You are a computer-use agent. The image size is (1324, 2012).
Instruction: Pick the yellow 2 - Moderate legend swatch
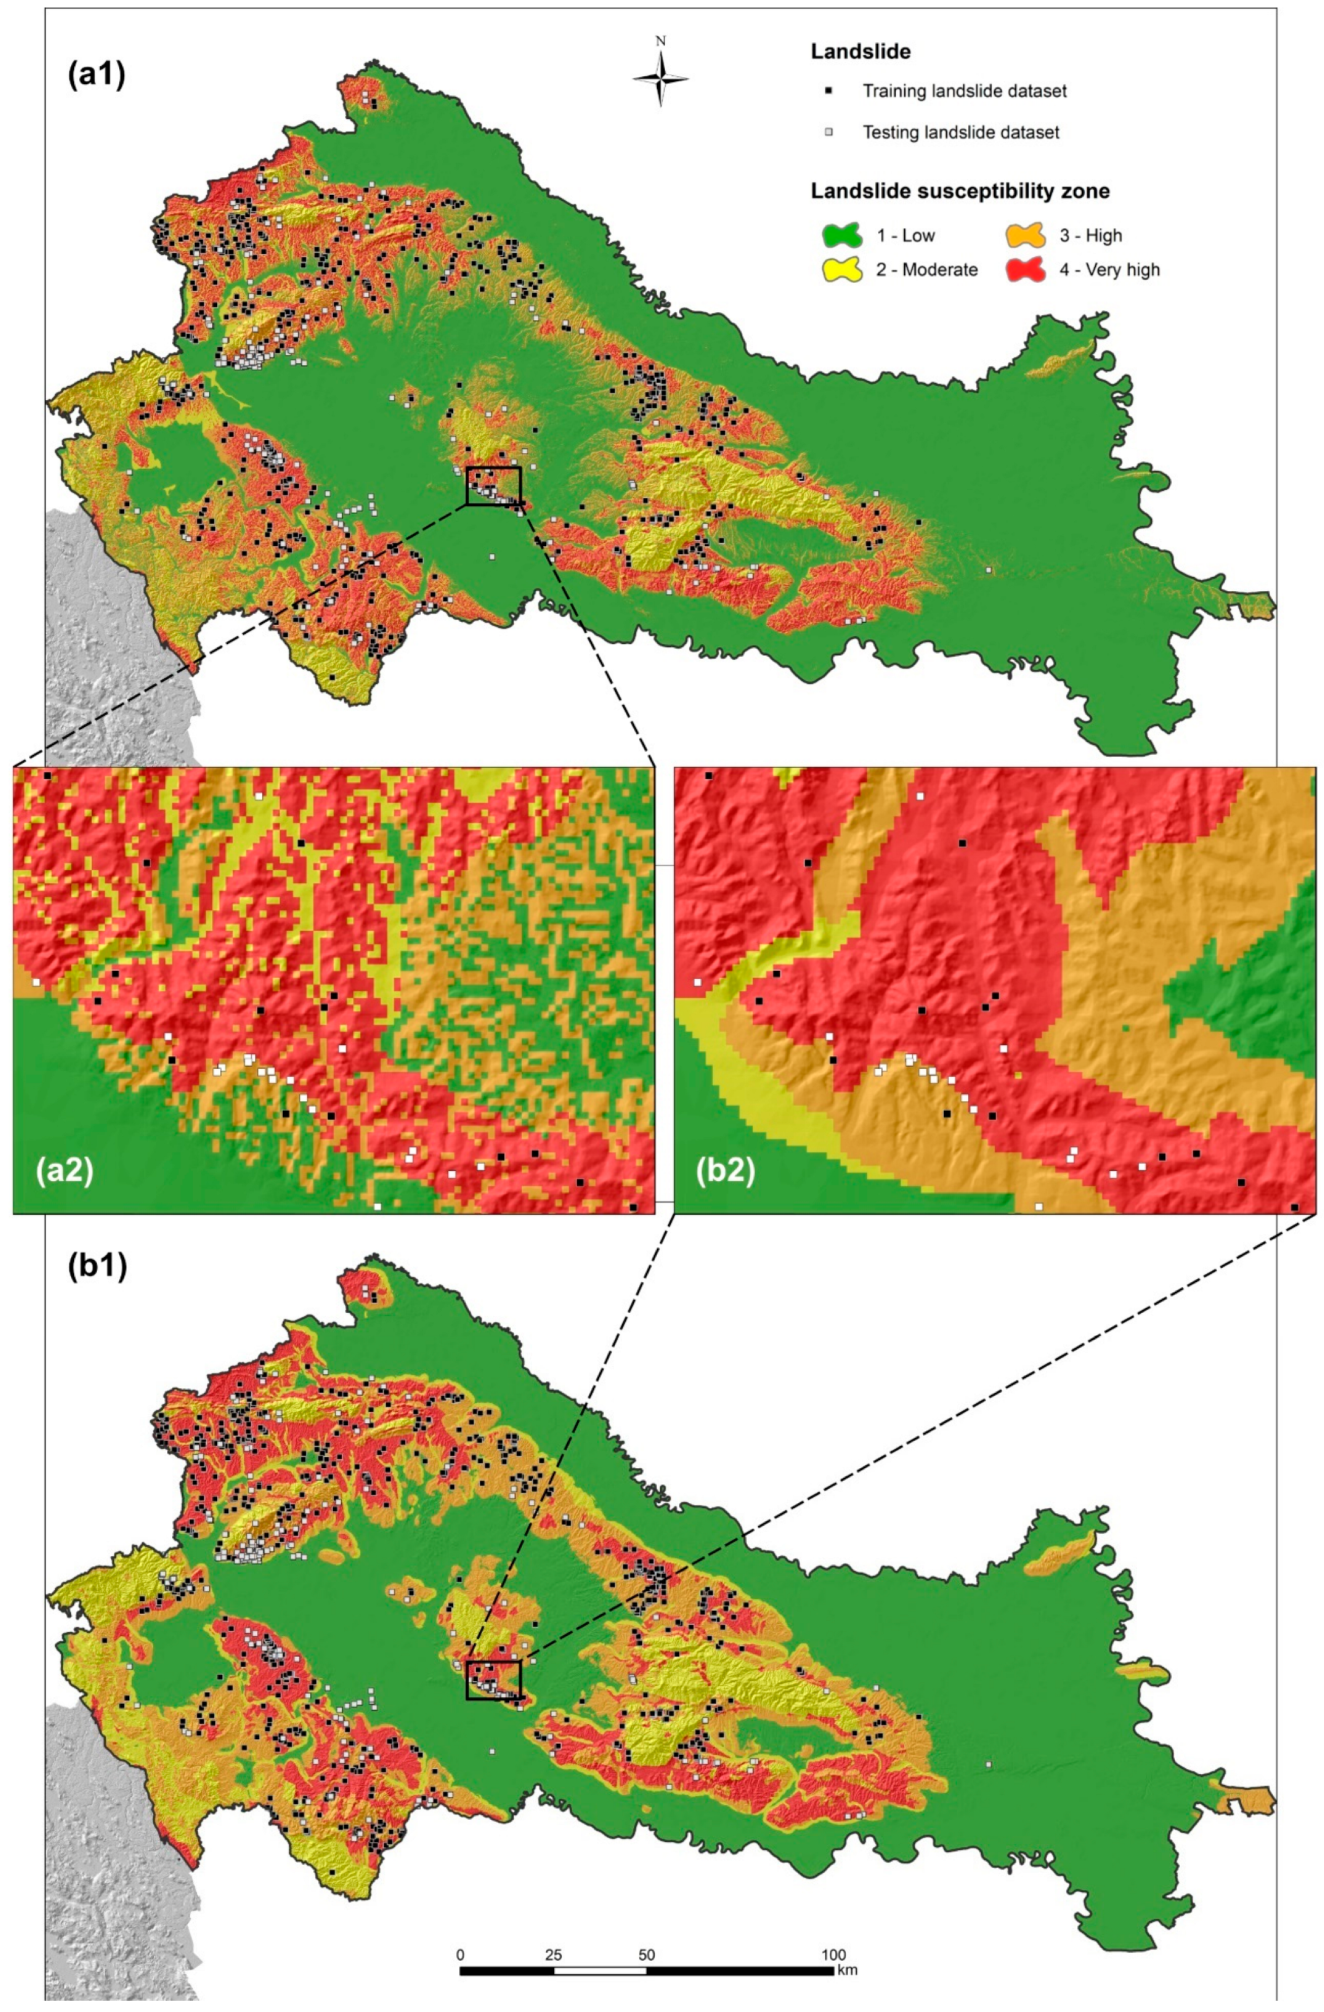click(842, 270)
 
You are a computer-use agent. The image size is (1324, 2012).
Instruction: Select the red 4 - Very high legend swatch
click(1026, 270)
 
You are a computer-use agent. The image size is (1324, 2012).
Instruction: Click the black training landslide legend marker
click(830, 91)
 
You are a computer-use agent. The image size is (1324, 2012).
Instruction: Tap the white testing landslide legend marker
click(830, 132)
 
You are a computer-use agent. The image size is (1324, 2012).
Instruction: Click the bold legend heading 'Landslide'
click(860, 52)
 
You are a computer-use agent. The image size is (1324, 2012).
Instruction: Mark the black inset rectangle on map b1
click(494, 1679)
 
